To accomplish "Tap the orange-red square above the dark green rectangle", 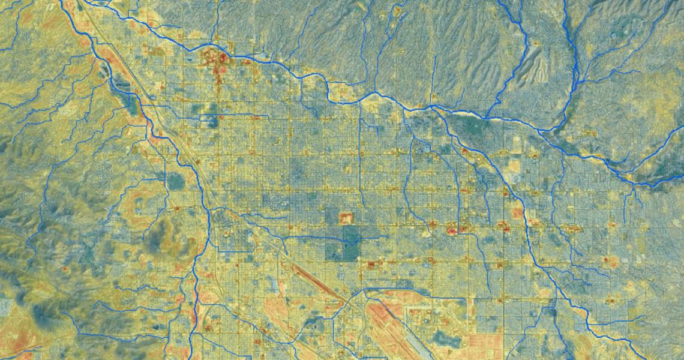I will coord(346,217).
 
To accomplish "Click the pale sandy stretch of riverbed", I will coord(462,112).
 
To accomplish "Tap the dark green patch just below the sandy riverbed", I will coord(474,125).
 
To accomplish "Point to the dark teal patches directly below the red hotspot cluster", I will coord(210,115).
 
